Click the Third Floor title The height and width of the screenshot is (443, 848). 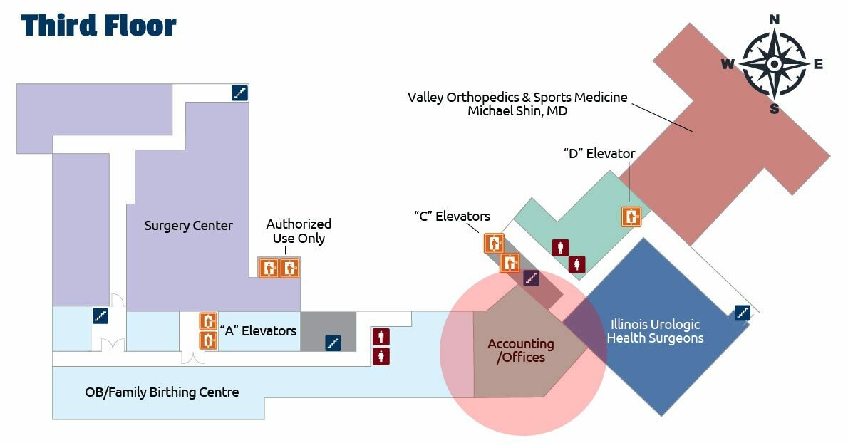98,26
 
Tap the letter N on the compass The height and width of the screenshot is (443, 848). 775,19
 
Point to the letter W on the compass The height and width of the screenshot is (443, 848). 728,65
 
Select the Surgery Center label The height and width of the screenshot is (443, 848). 188,226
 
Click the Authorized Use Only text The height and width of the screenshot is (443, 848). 299,231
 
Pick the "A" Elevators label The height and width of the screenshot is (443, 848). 258,330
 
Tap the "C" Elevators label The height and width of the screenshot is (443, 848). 452,216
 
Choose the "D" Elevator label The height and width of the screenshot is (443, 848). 599,153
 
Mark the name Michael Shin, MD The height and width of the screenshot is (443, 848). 517,111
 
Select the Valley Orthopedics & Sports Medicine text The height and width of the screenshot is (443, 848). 517,97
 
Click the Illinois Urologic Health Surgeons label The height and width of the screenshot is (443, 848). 655,331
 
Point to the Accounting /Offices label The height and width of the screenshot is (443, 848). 521,350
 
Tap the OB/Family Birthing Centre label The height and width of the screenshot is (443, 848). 162,392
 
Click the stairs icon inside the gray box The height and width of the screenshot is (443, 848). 332,343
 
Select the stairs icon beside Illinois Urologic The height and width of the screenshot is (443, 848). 743,312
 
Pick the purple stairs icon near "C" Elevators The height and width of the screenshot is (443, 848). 531,278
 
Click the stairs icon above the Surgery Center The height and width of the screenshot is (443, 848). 240,93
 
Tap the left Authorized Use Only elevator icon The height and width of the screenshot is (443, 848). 269,268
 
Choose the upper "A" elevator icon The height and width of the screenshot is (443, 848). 207,321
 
